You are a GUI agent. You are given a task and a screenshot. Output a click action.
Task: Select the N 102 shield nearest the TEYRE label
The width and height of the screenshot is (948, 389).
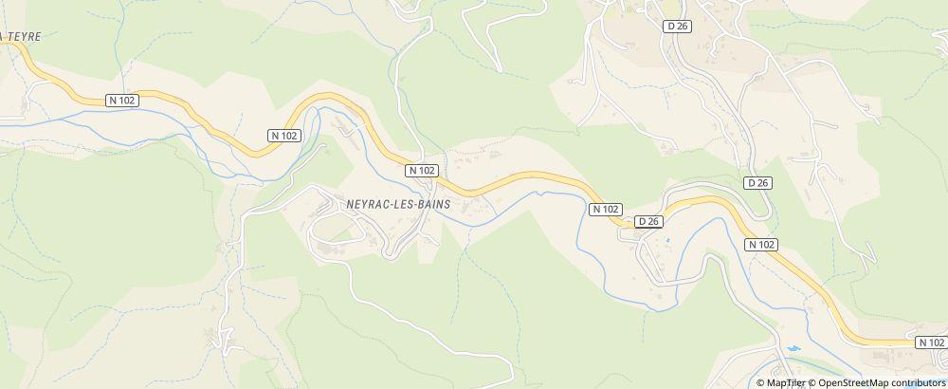[x=121, y=100]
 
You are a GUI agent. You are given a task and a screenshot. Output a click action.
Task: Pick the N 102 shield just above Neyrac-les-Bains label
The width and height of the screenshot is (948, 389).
[x=422, y=170]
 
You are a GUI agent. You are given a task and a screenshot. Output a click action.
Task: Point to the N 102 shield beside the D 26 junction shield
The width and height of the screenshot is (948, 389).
[x=605, y=209]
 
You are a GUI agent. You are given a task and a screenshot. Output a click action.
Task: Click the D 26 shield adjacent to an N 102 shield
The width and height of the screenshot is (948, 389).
[x=648, y=221]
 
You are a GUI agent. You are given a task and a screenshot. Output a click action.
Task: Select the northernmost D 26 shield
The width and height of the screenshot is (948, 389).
[x=677, y=27]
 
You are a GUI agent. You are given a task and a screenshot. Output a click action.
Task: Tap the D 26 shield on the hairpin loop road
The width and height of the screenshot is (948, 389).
[x=757, y=182]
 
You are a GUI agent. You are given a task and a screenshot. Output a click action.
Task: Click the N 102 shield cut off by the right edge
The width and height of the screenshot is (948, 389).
[x=931, y=342]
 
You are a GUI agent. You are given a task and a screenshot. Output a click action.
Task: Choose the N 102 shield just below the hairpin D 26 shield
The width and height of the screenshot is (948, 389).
[x=762, y=244]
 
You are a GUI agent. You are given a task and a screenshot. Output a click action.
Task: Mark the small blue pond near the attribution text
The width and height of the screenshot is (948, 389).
[x=793, y=349]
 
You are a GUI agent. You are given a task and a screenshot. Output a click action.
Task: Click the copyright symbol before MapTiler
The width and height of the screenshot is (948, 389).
[x=760, y=382]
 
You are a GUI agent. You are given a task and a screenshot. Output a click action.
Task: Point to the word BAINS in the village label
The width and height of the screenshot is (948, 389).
[x=428, y=203]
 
